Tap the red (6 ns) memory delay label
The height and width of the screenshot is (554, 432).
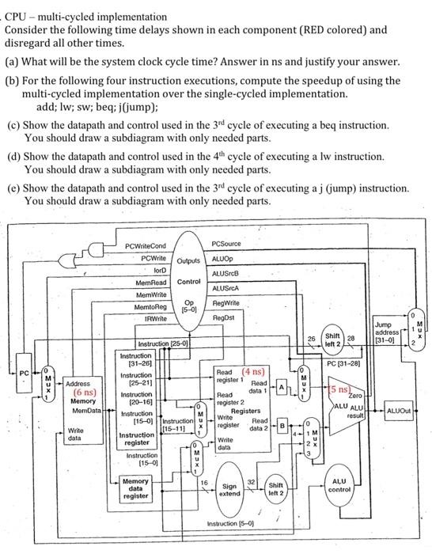[85, 392]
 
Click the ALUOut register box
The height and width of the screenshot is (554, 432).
[402, 410]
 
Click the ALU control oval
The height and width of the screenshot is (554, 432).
[339, 485]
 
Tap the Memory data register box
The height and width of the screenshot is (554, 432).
[135, 488]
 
